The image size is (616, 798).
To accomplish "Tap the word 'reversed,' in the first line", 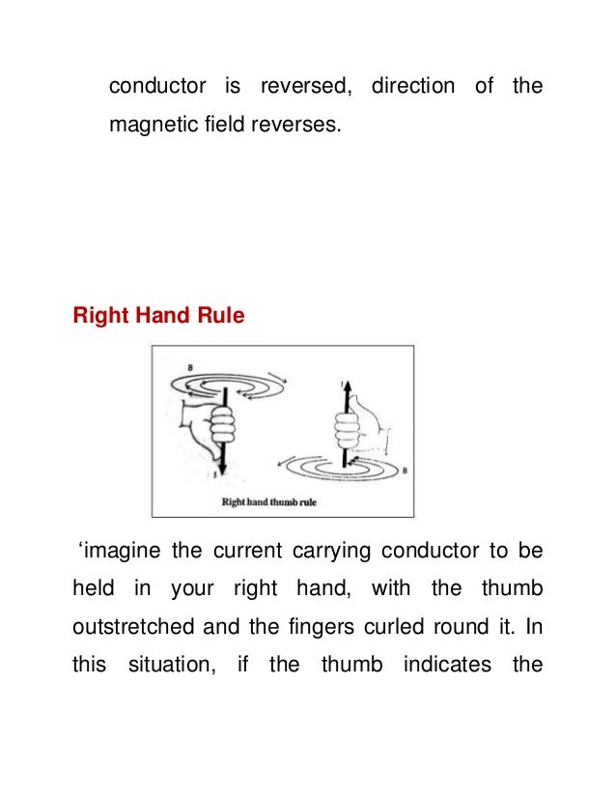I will (302, 86).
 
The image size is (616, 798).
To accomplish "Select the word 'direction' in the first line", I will (413, 86).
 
